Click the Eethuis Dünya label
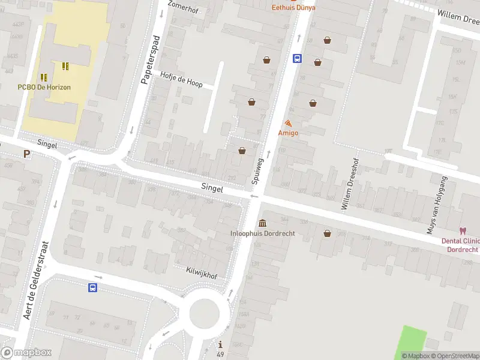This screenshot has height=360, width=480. tap(293, 8)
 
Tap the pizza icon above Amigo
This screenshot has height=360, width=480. tap(288, 124)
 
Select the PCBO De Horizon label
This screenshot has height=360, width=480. tap(44, 87)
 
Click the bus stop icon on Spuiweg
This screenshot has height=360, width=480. tap(297, 58)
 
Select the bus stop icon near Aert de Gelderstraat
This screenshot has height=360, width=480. tap(93, 288)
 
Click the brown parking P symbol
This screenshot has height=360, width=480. tap(26, 154)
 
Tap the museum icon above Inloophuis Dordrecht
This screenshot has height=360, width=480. tap(263, 223)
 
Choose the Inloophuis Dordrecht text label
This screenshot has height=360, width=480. tap(263, 233)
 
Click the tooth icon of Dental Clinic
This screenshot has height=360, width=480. tap(463, 230)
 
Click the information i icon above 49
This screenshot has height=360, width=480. tap(221, 344)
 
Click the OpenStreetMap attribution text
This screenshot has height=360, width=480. tap(451, 356)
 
